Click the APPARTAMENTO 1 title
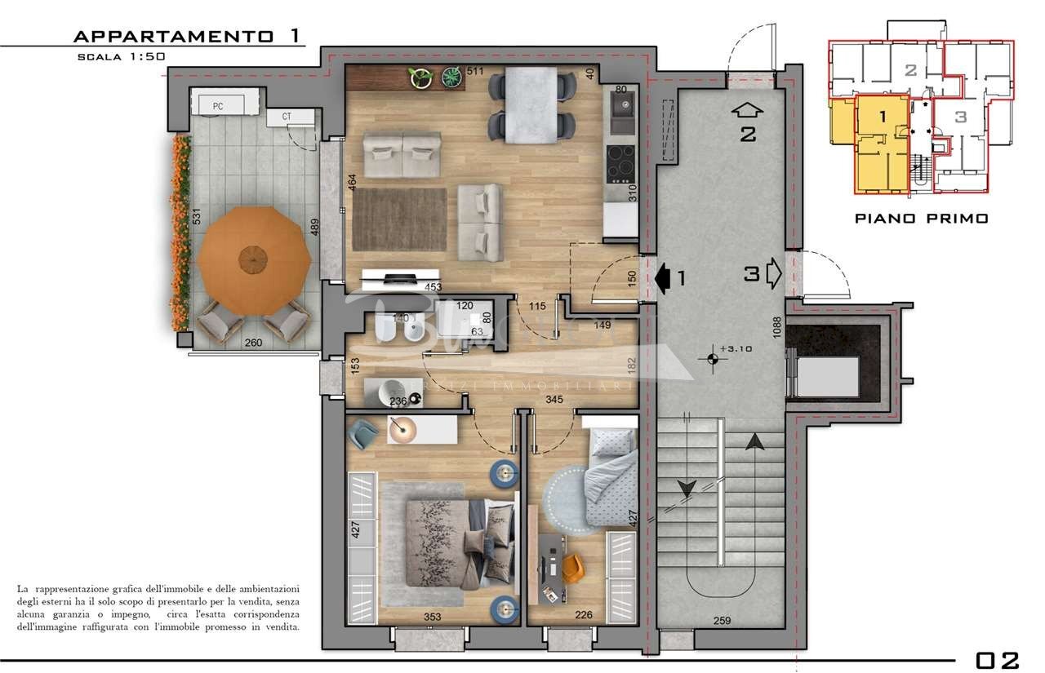(x=187, y=36)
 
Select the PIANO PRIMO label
(x=921, y=219)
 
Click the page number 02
(x=998, y=660)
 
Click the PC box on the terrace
(x=218, y=106)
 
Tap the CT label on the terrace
(x=287, y=117)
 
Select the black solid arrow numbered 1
(x=663, y=277)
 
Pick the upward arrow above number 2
(x=747, y=110)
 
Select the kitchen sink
(x=623, y=112)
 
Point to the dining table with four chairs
(x=531, y=104)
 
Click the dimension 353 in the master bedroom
(x=432, y=617)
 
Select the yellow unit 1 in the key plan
(x=882, y=143)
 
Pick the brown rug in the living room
(x=399, y=219)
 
